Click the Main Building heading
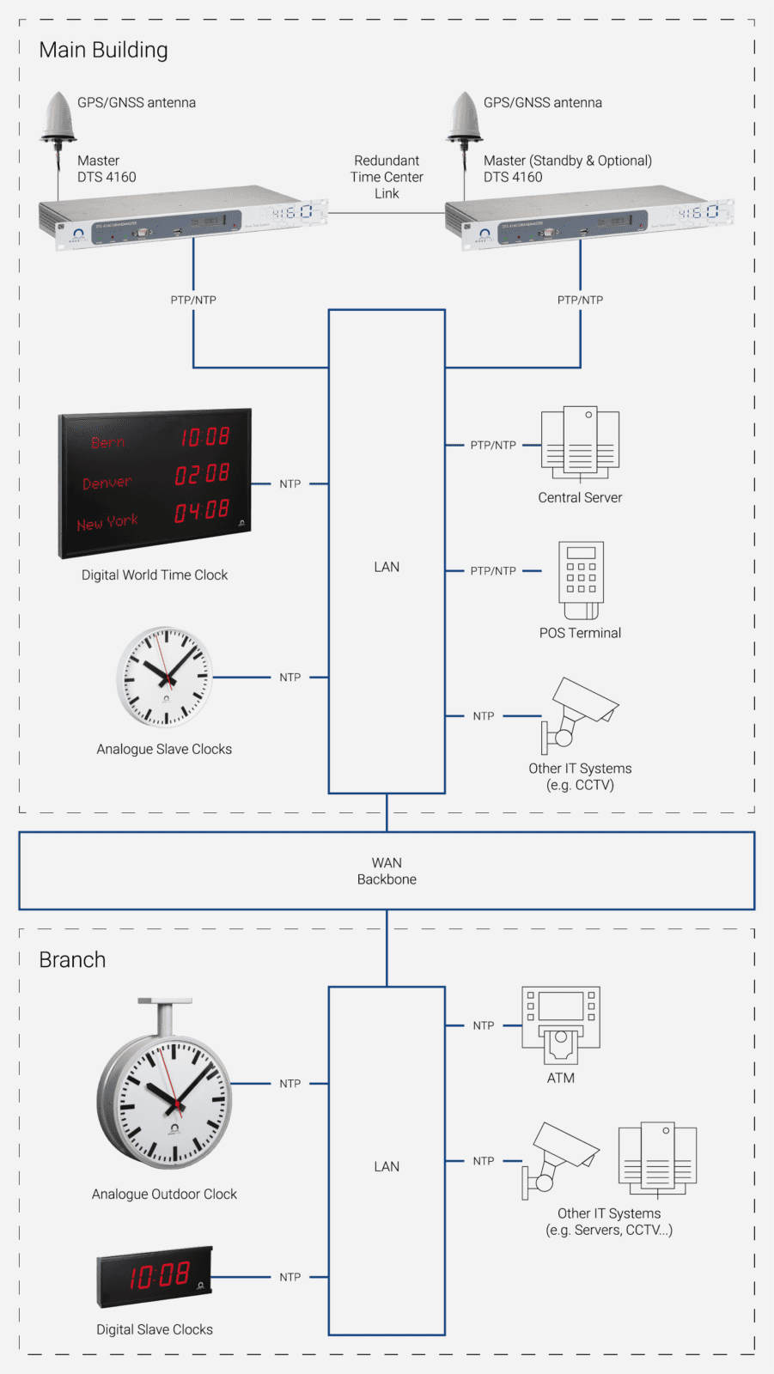(103, 50)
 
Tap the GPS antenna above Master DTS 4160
(58, 118)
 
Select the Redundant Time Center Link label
(387, 177)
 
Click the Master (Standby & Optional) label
(567, 161)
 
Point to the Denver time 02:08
(203, 474)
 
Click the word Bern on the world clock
(108, 443)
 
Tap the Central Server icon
(580, 443)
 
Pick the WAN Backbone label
(387, 871)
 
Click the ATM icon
(561, 1024)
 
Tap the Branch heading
(72, 959)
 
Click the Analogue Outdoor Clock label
(164, 1194)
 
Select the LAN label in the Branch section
(387, 1166)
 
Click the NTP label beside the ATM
(484, 1025)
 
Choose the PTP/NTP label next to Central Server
(493, 445)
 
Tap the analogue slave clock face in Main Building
(164, 677)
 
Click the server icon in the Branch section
(657, 1158)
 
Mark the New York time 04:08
(203, 512)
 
